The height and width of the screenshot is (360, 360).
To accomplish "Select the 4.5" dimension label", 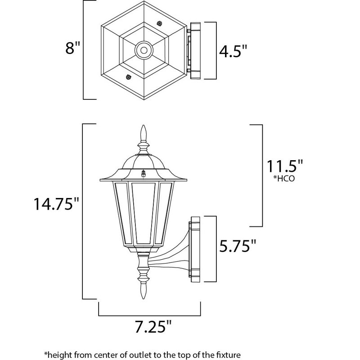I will [x=233, y=50].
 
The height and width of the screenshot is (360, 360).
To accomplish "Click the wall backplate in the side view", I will [x=195, y=249].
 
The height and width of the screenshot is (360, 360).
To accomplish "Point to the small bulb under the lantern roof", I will [x=144, y=173].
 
